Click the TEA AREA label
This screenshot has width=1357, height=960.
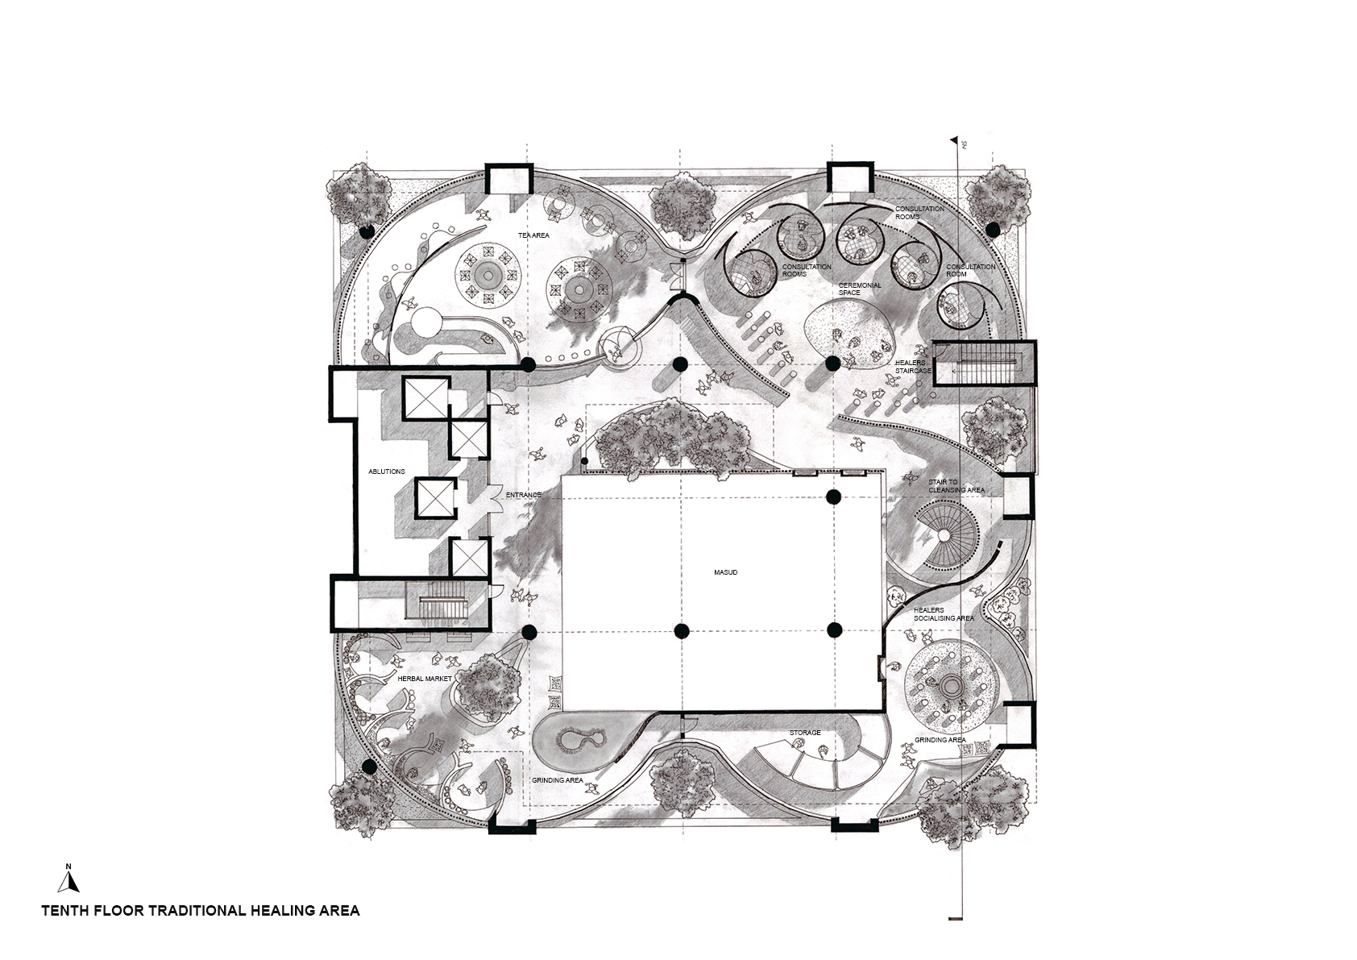533,235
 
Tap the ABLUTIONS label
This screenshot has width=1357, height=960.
387,472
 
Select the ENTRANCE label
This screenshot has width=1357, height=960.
524,495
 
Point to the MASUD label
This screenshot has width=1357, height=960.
725,572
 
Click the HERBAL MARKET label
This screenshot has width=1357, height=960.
425,679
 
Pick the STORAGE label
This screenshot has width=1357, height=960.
805,733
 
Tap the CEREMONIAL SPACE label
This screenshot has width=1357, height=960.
860,289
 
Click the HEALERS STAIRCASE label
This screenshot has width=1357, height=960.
913,367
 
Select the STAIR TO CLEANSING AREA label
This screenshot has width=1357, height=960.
956,486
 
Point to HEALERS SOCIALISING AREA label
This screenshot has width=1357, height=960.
944,614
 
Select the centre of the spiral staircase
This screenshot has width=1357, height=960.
944,536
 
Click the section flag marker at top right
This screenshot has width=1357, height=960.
956,141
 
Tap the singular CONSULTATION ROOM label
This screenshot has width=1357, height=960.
970,270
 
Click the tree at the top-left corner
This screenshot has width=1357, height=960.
359,195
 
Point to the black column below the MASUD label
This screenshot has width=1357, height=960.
682,631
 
